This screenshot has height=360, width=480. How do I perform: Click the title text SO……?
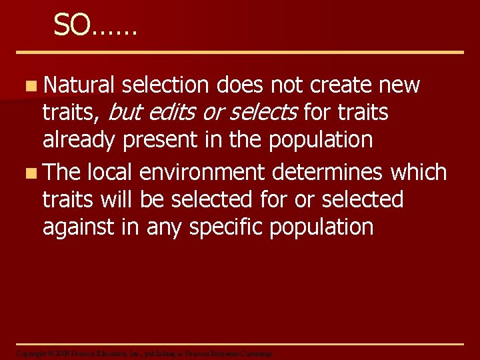click(x=95, y=25)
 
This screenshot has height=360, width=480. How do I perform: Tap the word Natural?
click(x=79, y=85)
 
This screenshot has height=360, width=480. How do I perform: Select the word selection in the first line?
click(x=166, y=85)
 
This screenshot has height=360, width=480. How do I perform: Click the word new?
click(x=399, y=85)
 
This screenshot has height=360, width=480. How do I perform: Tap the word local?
click(x=111, y=172)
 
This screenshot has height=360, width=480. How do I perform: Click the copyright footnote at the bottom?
click(x=143, y=353)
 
